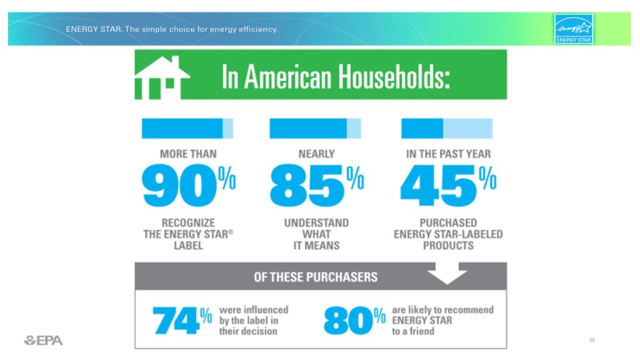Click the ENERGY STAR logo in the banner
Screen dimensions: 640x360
coord(574,29)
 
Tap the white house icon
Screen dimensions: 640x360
coord(162,77)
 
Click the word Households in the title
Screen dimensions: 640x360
coord(394,77)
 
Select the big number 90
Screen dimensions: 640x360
coord(179,185)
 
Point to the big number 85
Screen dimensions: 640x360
coord(307,185)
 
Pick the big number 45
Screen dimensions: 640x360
coord(438,185)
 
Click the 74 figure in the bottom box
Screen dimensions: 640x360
coord(176,321)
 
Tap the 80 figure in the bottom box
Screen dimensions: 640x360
coord(348,321)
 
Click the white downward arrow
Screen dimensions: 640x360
coord(447,273)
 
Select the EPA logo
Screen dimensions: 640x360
coord(43,341)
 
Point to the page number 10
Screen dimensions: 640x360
coord(592,339)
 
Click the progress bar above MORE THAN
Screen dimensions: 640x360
coord(187,129)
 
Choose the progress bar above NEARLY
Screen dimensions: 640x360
coord(315,129)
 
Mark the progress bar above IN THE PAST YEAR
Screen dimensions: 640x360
coord(447,129)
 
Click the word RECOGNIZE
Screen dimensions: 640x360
coord(188,223)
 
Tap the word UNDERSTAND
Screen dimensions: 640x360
coord(316,223)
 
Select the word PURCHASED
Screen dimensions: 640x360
coord(448,223)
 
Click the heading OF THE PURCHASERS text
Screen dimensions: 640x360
coord(316,277)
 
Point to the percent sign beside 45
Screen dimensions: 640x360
coord(487,177)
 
